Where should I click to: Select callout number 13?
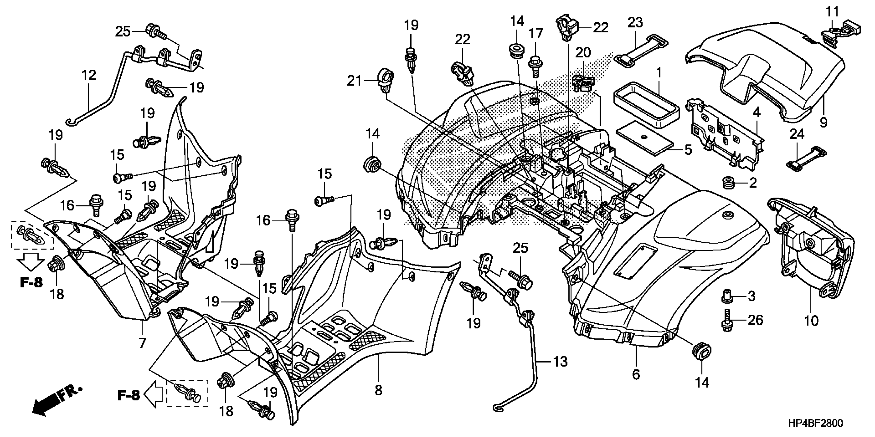pos(561,362)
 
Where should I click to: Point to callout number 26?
pos(756,320)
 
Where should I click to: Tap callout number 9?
pos(823,123)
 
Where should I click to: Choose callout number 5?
pos(688,150)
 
